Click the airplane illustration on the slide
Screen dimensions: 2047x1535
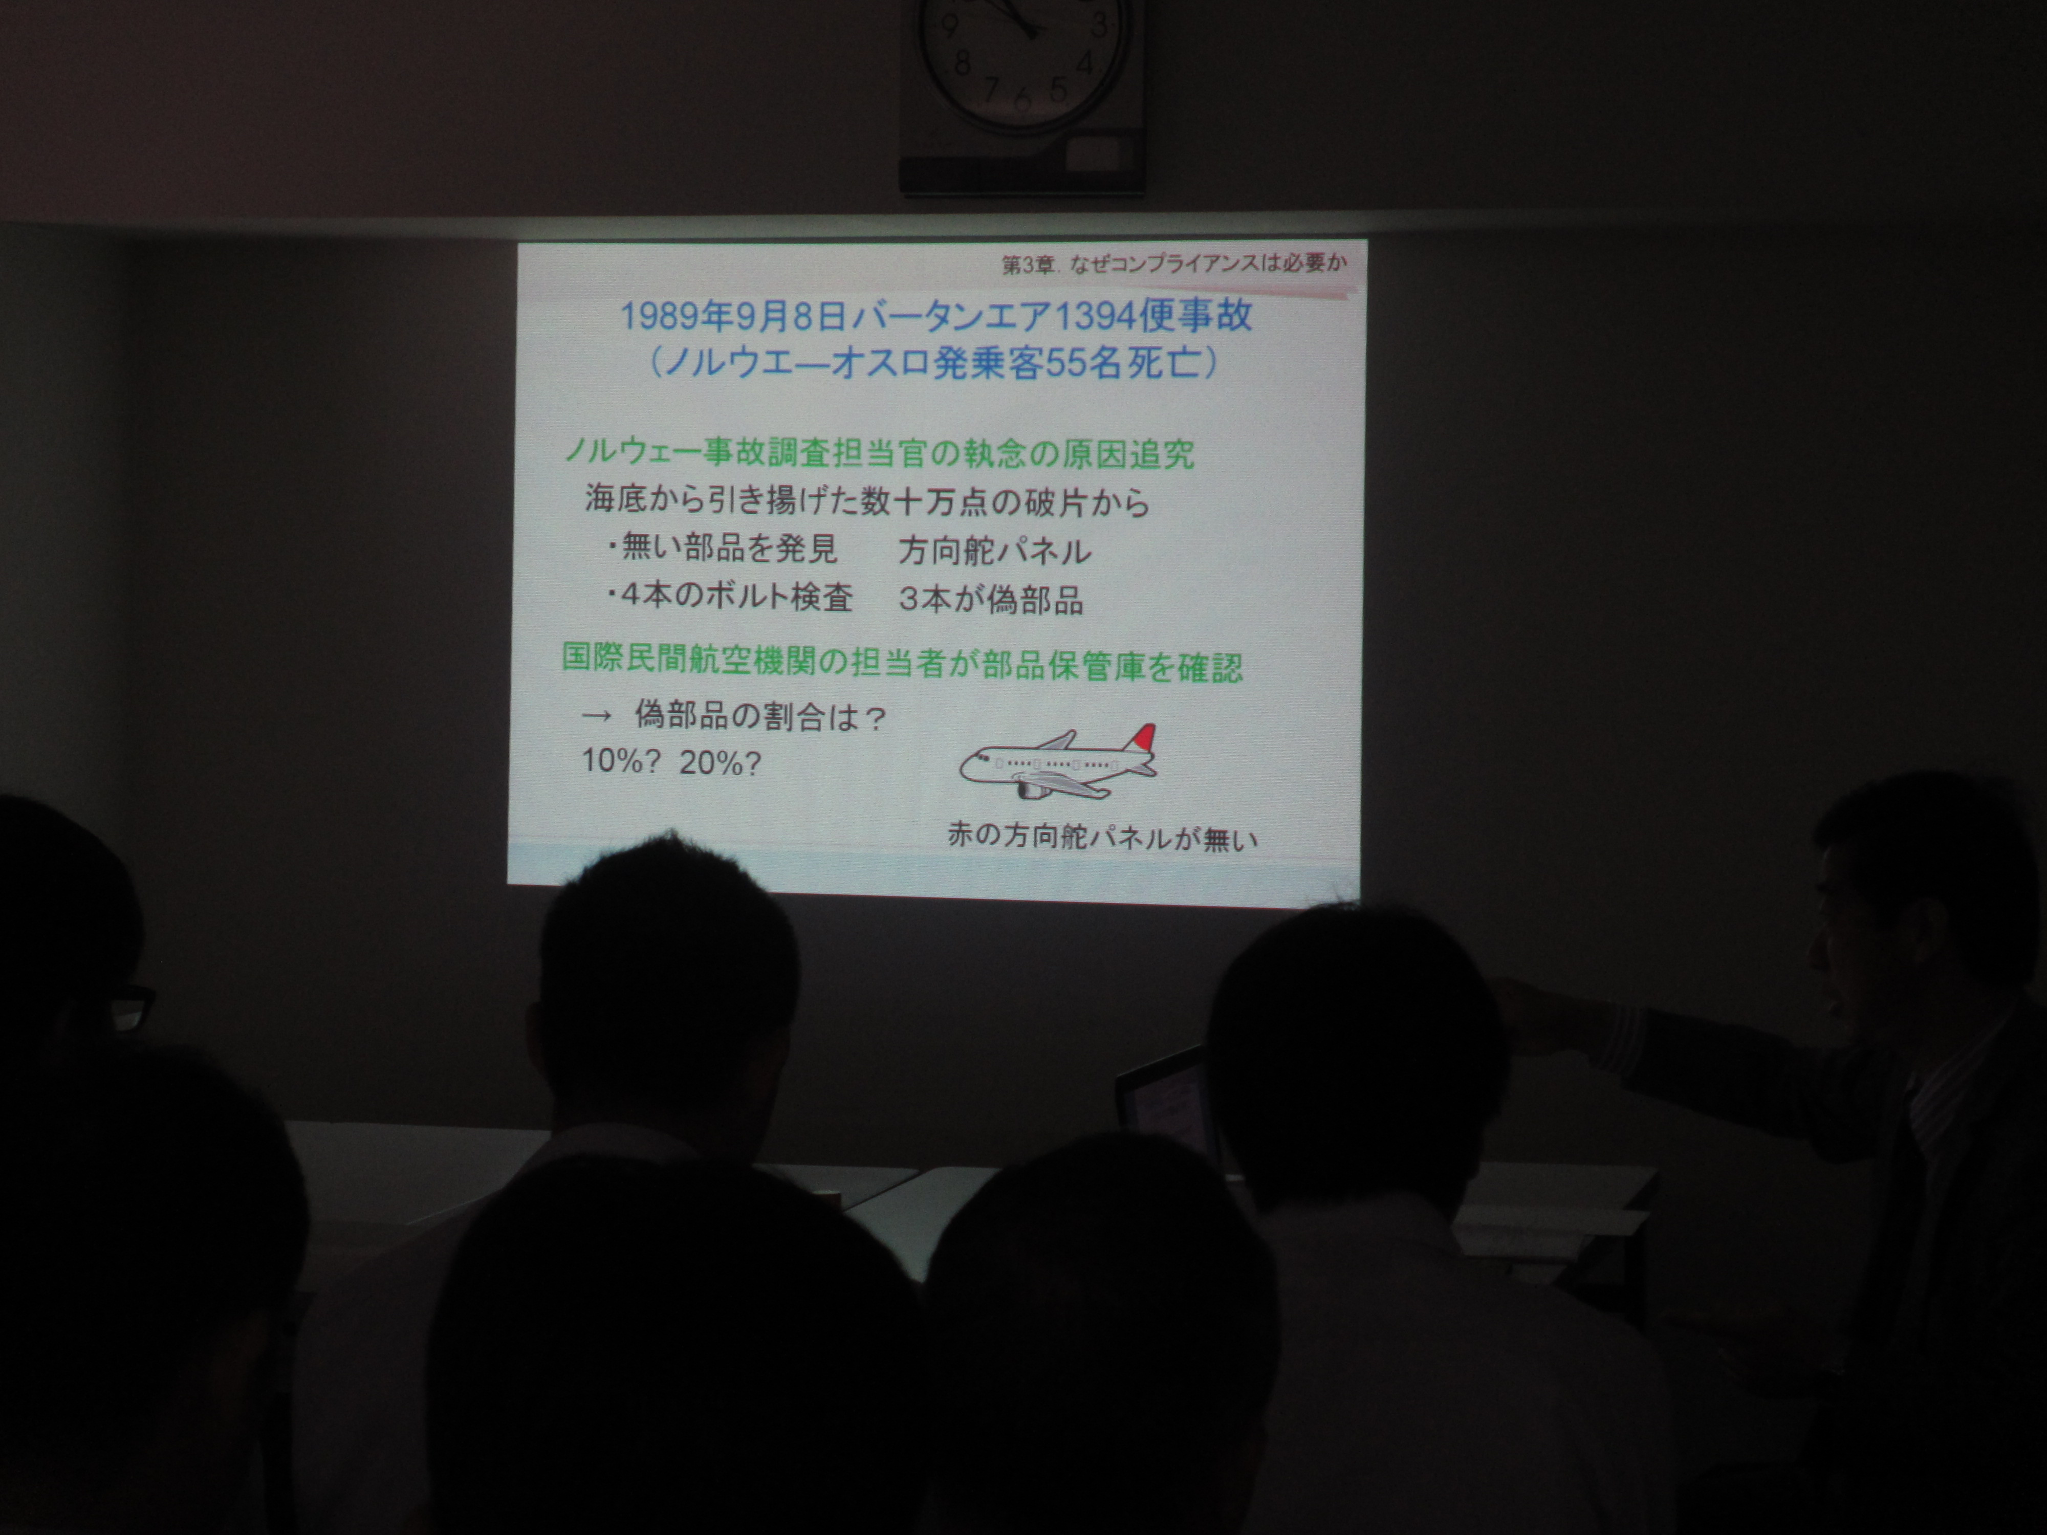point(1058,761)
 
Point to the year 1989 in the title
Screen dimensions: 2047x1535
point(660,316)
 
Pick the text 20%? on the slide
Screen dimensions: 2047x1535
point(719,762)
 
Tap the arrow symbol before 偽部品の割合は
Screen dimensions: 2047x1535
point(597,715)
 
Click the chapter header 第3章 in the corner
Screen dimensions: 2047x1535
point(1028,265)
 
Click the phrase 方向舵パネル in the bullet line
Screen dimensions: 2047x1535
point(995,551)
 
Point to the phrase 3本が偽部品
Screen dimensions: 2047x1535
point(990,600)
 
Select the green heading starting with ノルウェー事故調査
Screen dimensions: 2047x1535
point(879,453)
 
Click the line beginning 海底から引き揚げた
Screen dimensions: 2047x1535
point(867,500)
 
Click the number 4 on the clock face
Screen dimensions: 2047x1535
point(1084,64)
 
